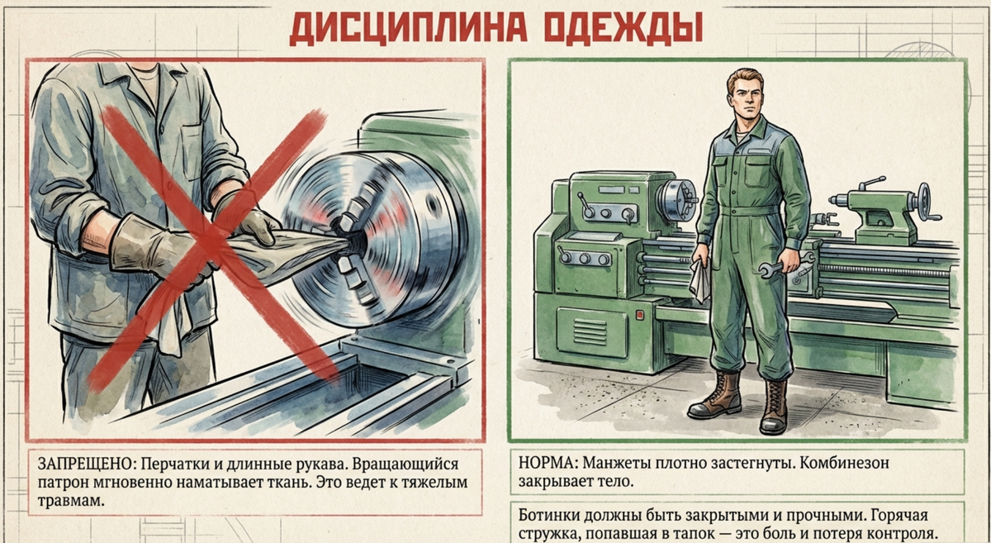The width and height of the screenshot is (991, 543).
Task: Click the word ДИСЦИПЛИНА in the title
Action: pos(408,29)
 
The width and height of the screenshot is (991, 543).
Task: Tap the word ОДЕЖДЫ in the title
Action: pos(623,29)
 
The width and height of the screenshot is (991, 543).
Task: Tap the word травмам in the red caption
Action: pos(71,502)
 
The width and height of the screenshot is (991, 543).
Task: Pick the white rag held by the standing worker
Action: pos(700,280)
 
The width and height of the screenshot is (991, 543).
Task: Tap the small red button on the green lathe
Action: pos(639,315)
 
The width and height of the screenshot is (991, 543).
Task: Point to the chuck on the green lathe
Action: pos(676,200)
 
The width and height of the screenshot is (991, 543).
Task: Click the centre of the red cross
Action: pos(211,241)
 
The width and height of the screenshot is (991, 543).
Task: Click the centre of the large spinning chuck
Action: pos(354,241)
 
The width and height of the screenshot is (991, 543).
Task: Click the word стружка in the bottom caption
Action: pos(548,534)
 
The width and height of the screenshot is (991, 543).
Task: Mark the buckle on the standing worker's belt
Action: pos(747,211)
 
